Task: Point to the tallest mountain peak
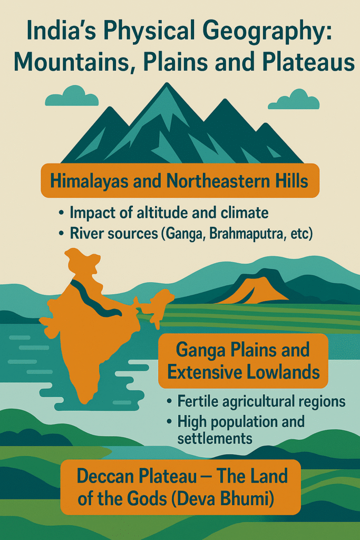(x=167, y=90)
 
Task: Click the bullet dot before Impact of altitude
(x=62, y=214)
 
